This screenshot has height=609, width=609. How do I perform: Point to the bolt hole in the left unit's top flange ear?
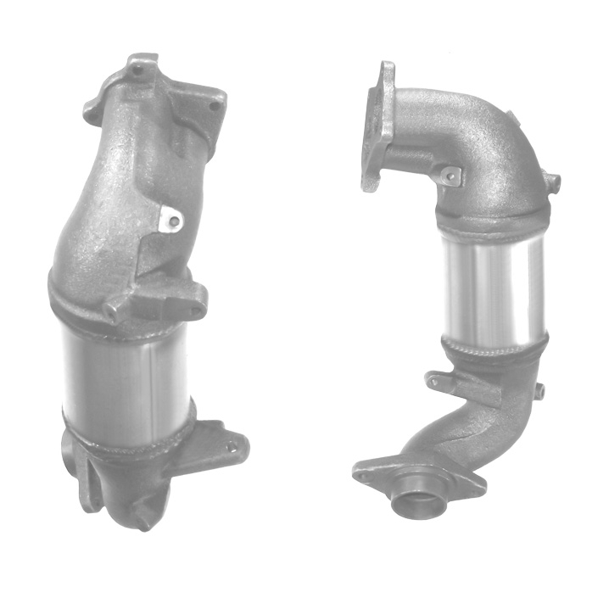pyautogui.click(x=137, y=70)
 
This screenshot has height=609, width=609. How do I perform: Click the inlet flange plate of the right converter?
pyautogui.click(x=377, y=127)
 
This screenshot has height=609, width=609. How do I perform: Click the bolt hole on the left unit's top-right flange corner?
pyautogui.click(x=215, y=106)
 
